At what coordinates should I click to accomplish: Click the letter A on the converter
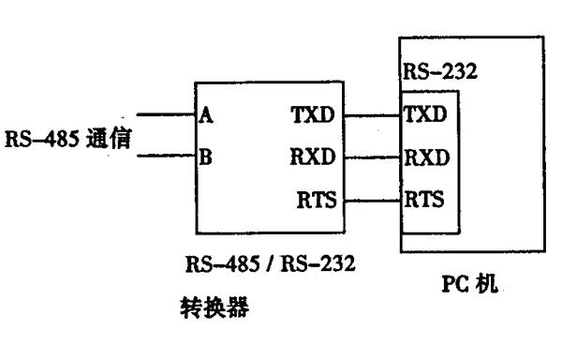(x=206, y=115)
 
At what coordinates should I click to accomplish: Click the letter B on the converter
(x=205, y=157)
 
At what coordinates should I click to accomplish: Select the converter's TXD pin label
(x=313, y=114)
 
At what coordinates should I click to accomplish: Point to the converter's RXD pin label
(x=313, y=157)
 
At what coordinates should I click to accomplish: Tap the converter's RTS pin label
(x=318, y=200)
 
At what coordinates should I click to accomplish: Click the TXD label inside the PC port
(x=425, y=114)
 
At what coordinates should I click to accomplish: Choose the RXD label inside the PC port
(x=426, y=157)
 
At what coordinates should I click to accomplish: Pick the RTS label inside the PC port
(x=424, y=199)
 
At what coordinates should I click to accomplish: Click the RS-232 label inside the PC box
(x=440, y=71)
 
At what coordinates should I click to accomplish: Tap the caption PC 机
(x=470, y=284)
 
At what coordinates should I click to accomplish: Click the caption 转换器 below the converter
(x=214, y=307)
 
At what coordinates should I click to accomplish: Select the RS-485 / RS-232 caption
(x=271, y=263)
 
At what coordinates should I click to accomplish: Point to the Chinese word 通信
(x=109, y=138)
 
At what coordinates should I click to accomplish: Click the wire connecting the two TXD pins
(x=372, y=116)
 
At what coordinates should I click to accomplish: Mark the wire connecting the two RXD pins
(x=372, y=157)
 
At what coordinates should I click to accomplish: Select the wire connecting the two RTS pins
(x=372, y=201)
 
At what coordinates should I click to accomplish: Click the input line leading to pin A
(x=166, y=114)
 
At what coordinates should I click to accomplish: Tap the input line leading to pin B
(x=166, y=156)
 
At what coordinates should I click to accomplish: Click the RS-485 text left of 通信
(x=42, y=139)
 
